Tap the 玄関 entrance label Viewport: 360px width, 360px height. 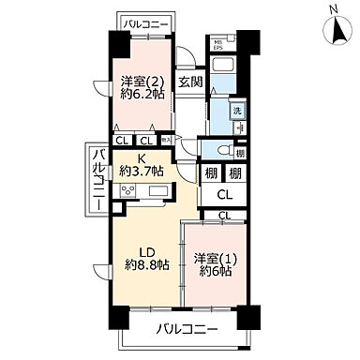point(190,82)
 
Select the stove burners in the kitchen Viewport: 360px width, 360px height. point(126,191)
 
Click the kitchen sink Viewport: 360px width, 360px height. point(156,191)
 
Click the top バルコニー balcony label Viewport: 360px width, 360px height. point(143,20)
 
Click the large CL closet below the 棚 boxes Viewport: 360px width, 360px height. point(225,196)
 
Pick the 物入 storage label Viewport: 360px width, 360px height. point(166,140)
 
